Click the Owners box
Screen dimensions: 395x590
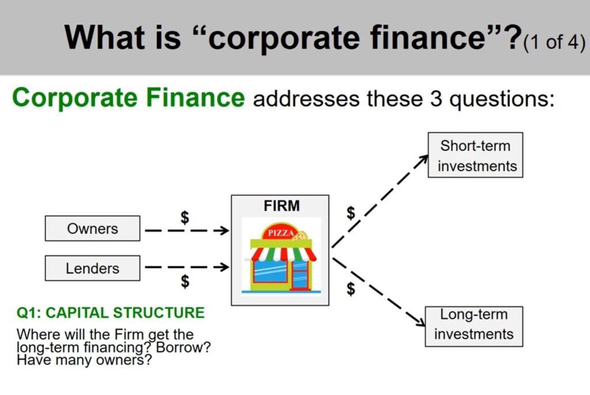click(92, 228)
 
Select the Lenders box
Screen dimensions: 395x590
click(92, 268)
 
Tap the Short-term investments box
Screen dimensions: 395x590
click(475, 155)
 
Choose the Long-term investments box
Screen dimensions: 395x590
click(474, 326)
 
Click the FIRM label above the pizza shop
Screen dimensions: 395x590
click(282, 206)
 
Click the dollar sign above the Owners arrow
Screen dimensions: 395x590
click(185, 217)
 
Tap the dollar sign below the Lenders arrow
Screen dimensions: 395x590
click(185, 281)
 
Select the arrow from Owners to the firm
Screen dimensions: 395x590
click(187, 231)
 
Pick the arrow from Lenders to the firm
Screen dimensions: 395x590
click(187, 267)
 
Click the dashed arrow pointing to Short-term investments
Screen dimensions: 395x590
click(380, 202)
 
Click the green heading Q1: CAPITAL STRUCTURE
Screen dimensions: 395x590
click(111, 313)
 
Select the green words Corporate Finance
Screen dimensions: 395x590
click(128, 98)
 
